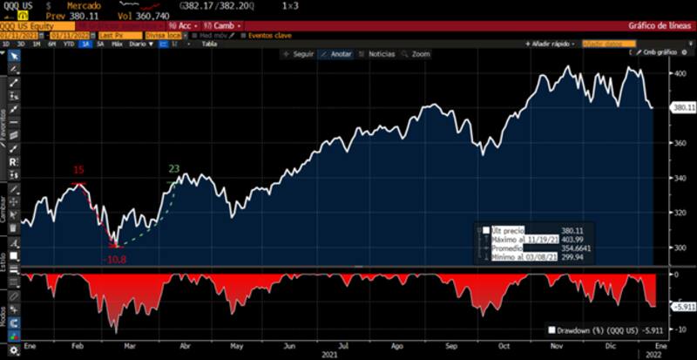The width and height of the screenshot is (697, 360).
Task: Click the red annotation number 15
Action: [x=78, y=170]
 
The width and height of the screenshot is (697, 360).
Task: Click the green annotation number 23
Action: [x=173, y=169]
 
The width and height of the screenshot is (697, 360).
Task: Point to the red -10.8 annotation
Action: [x=115, y=260]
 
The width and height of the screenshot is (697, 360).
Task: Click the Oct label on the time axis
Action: [x=504, y=345]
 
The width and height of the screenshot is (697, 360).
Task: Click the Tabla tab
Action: [x=208, y=44]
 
